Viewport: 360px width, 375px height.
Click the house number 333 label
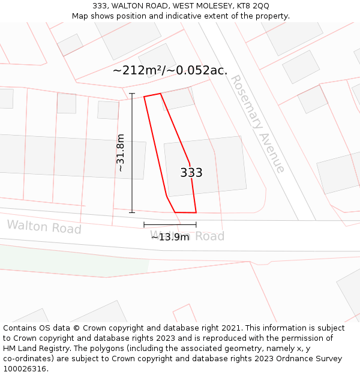pyautogui.click(x=191, y=173)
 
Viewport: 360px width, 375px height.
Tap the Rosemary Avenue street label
pyautogui.click(x=257, y=124)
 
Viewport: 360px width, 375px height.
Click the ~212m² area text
pyautogui.click(x=136, y=70)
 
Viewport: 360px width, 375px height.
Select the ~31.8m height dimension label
pyautogui.click(x=121, y=152)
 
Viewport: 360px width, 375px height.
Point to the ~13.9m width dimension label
pyautogui.click(x=170, y=237)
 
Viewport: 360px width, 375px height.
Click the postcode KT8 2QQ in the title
pyautogui.click(x=253, y=6)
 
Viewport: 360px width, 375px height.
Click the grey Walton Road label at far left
pyautogui.click(x=44, y=227)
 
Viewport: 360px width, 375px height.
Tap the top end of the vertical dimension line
pyautogui.click(x=132, y=94)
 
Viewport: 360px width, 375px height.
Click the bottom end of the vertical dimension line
pyautogui.click(x=132, y=212)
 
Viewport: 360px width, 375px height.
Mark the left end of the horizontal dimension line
pyautogui.click(x=144, y=225)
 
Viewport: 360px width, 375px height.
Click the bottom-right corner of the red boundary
pyautogui.click(x=196, y=212)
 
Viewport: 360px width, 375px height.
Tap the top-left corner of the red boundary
pyautogui.click(x=144, y=97)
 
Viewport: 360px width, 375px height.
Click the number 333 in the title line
pyautogui.click(x=100, y=6)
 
